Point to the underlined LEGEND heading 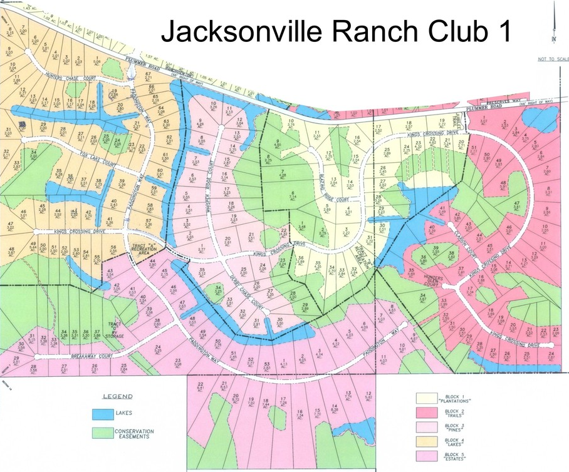tap(118, 397)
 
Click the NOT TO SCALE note tap(551, 59)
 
